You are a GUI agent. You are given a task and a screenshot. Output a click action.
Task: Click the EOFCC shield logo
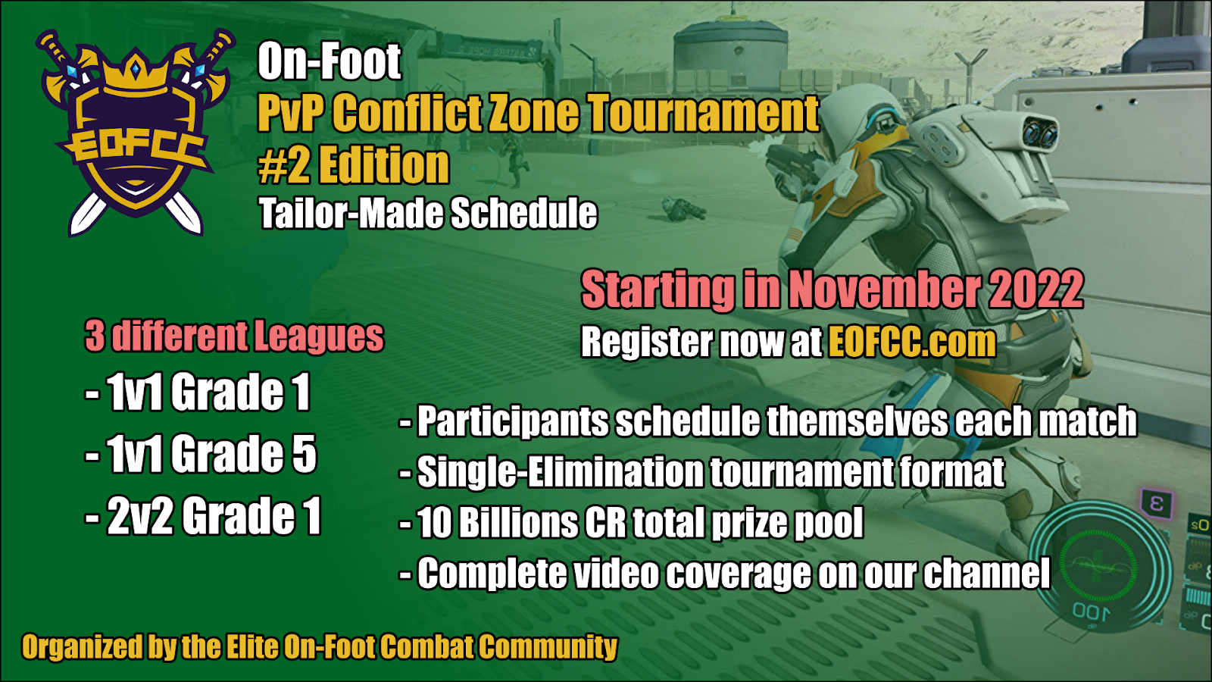(136, 133)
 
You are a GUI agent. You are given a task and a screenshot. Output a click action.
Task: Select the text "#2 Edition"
(353, 164)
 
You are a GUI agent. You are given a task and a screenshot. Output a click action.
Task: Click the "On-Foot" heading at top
(330, 61)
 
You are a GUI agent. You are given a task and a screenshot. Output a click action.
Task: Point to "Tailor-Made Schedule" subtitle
(428, 213)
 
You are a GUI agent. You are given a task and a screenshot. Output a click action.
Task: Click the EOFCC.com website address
(912, 342)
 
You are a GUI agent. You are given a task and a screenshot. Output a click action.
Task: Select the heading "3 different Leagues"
(234, 336)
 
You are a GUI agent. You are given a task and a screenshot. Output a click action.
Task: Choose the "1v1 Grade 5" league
(201, 454)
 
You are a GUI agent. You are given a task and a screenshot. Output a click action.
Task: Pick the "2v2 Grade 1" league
(204, 516)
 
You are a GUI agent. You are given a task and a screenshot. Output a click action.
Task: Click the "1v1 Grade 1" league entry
(198, 392)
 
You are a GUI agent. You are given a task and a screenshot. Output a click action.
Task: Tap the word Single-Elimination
(560, 472)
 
